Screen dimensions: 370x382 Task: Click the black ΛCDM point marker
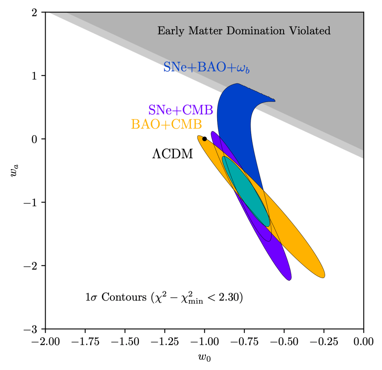coord(204,139)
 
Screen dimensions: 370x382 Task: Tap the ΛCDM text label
coord(172,154)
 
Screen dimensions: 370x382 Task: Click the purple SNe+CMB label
coord(181,110)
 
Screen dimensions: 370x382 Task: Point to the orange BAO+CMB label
coord(166,124)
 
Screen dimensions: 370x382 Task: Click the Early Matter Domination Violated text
coord(244,31)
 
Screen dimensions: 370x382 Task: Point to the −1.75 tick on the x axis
coord(85,341)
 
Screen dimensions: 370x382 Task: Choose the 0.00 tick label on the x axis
coord(363,341)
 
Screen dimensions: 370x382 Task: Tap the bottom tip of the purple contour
coord(288,278)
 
